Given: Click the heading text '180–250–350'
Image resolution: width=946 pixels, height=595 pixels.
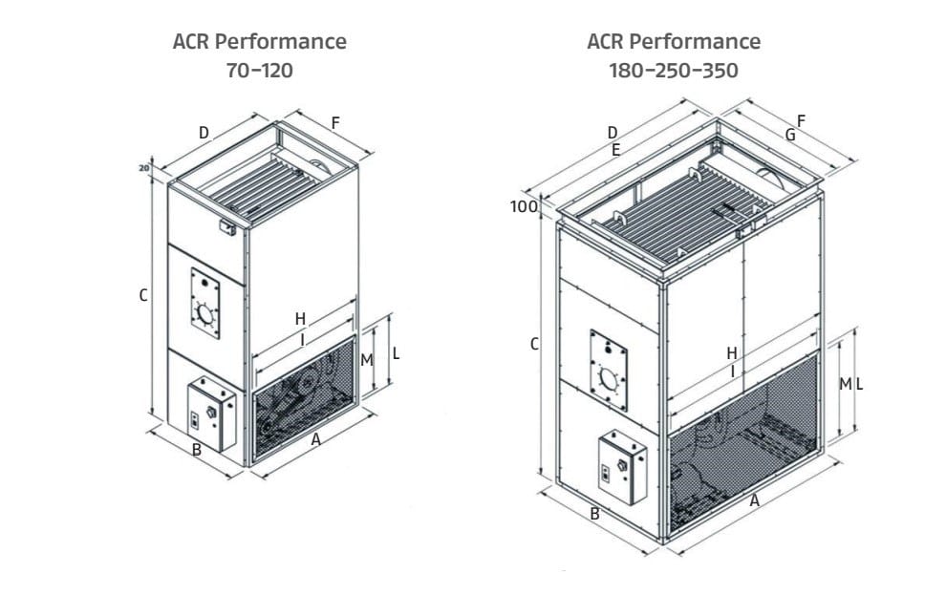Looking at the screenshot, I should point(673,71).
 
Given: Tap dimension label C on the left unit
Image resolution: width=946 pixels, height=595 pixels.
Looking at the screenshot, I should point(142,296).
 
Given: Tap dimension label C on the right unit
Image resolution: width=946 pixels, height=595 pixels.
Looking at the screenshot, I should point(534,344).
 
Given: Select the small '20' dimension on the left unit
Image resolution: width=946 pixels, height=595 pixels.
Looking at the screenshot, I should point(143,168).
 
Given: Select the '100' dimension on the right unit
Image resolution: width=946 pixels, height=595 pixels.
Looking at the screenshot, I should point(525,206).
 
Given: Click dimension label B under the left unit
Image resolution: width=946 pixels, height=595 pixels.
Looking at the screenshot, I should point(197,449).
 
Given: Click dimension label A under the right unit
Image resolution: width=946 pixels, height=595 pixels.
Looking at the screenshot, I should point(754,500).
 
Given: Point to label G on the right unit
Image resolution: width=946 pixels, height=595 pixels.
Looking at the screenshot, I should point(790,136).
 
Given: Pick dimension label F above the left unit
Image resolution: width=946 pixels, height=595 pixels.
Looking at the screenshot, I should point(334,122).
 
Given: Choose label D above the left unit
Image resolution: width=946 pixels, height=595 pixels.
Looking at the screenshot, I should point(204,133).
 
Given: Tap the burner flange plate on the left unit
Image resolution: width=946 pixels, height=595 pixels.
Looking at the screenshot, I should point(204,303).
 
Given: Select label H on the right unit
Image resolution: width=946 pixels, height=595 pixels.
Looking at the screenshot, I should point(731,353).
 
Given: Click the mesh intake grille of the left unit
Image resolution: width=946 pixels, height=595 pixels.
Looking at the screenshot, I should point(304,398).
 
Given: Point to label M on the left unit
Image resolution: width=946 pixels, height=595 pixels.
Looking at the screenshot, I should point(366,360).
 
